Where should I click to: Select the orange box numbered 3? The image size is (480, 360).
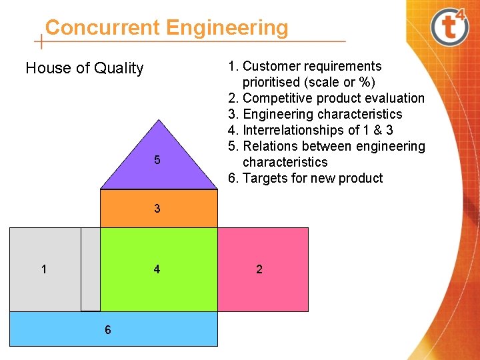coord(159,209)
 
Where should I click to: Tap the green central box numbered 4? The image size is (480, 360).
coord(159,269)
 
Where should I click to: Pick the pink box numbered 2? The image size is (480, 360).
coord(263,269)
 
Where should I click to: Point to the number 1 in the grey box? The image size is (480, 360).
coord(44,269)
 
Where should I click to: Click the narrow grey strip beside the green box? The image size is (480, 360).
coord(90,269)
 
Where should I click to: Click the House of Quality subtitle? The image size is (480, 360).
coord(84,68)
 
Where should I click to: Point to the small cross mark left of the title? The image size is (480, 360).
coord(42,41)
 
